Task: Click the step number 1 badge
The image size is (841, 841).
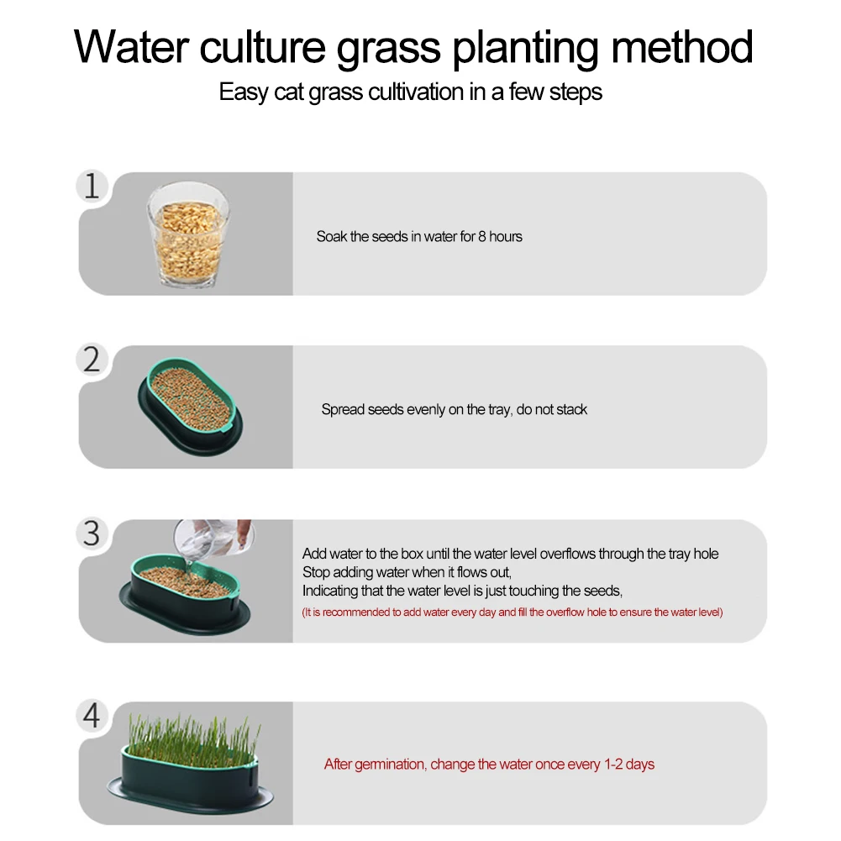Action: [x=92, y=187]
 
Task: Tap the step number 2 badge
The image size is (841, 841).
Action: [x=92, y=360]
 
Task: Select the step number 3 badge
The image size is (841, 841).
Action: [x=92, y=534]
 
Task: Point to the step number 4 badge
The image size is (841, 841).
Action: [x=92, y=716]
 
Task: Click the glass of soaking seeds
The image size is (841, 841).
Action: [x=187, y=234]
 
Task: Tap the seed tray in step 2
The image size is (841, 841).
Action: [x=191, y=407]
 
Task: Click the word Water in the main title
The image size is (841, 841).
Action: [x=131, y=47]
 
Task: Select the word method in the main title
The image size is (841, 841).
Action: [x=682, y=47]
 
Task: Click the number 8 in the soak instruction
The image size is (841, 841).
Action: [x=481, y=237]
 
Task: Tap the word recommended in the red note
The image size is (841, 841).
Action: [x=356, y=612]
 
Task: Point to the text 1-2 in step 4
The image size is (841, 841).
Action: [x=613, y=764]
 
